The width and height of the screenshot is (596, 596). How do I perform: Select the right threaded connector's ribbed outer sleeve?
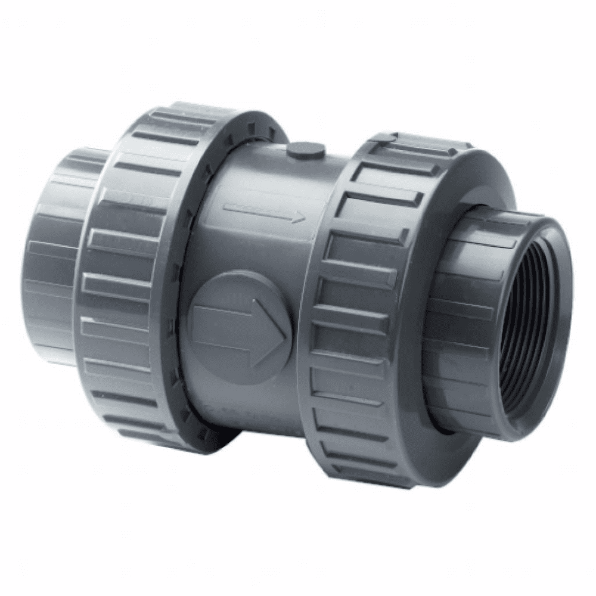[x=471, y=268]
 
